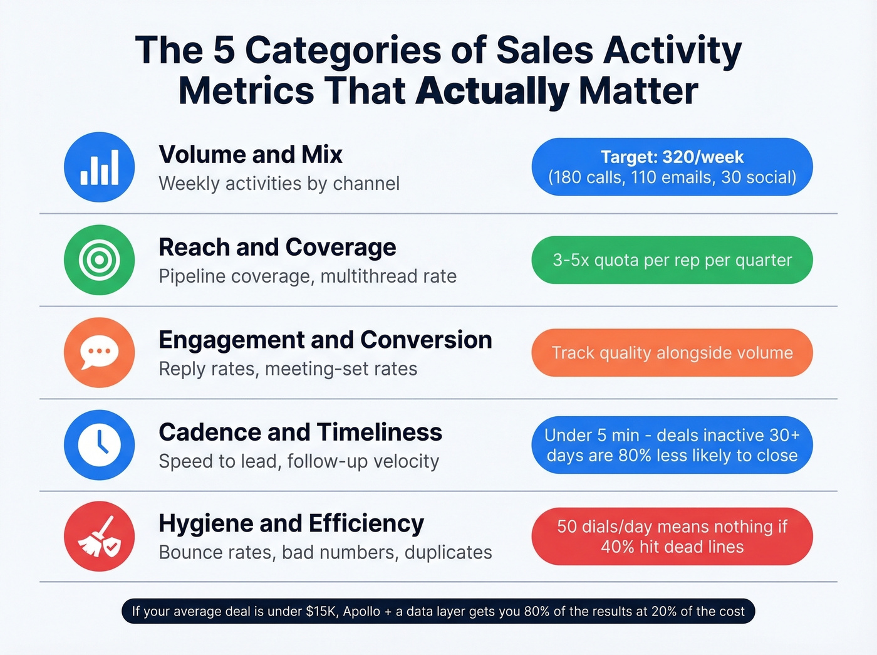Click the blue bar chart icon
point(99,167)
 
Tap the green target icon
point(99,259)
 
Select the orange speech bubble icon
point(99,352)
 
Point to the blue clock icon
point(99,444)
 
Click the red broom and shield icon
point(99,537)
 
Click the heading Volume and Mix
point(251,154)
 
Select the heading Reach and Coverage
point(277,247)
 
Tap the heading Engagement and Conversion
point(325,340)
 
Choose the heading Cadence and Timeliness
point(300,432)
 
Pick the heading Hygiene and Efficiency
point(291,523)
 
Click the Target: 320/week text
point(672,157)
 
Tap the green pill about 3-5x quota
point(672,260)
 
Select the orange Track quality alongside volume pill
point(672,353)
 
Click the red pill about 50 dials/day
point(672,537)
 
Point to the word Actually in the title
point(492,92)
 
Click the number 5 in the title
point(224,50)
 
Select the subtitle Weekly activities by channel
point(279,184)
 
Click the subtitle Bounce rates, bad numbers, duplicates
point(325,552)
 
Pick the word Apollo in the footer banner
point(361,611)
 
